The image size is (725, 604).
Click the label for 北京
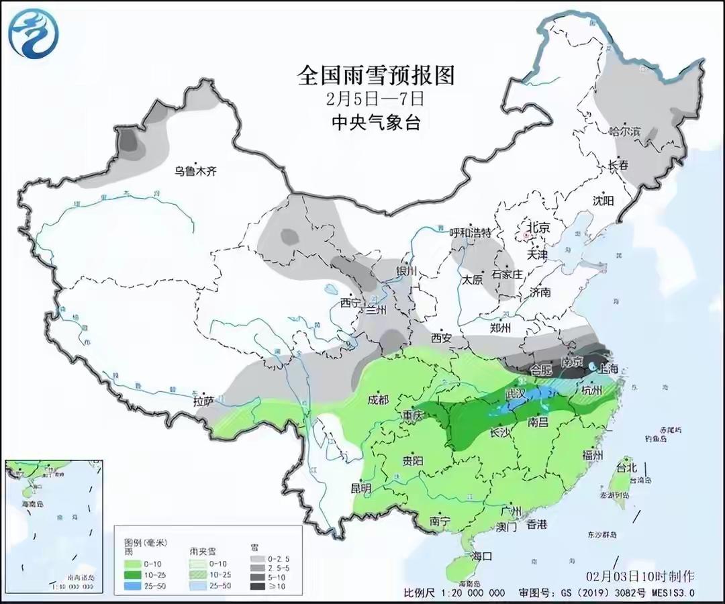[538, 228]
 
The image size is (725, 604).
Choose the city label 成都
[378, 400]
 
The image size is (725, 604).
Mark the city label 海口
[482, 556]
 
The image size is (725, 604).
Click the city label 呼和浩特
[471, 233]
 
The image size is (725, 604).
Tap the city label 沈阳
[603, 200]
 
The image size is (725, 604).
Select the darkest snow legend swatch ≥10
[256, 586]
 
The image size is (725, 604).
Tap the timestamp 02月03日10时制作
[639, 576]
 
